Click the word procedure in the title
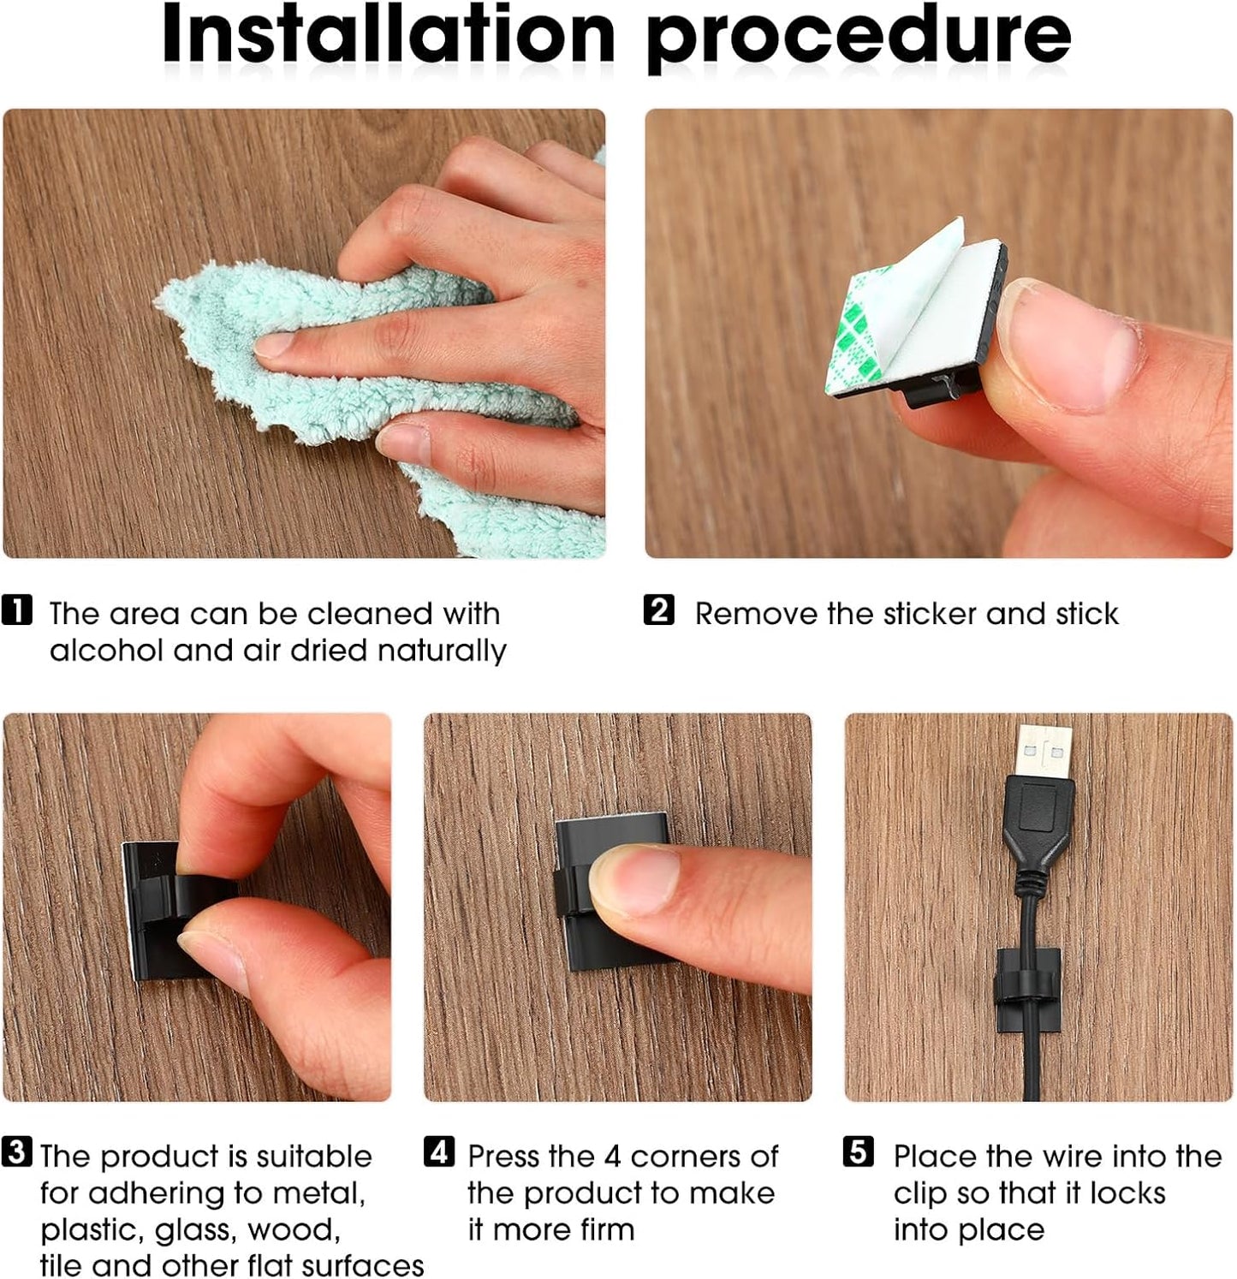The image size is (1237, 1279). point(858,39)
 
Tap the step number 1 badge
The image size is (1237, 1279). point(17,610)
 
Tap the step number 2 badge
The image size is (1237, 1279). point(658,610)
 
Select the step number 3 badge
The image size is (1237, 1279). point(17,1152)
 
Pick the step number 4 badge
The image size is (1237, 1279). point(438,1152)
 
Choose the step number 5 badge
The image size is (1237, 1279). point(859,1152)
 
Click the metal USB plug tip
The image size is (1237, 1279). point(1044,751)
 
